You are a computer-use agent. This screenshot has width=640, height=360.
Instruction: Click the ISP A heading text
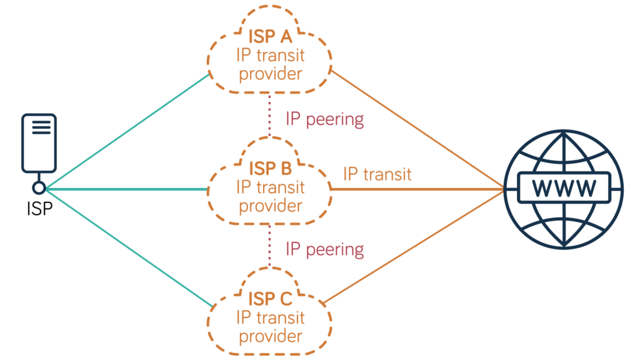[x=270, y=37]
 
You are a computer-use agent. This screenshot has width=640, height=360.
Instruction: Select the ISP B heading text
[x=270, y=168]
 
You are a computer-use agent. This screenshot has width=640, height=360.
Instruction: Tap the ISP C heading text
[x=270, y=299]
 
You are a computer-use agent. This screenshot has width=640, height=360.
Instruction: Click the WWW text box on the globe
[x=564, y=187]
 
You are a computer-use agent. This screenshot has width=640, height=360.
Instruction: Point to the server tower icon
[x=39, y=142]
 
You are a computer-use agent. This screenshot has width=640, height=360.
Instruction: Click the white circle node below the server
[x=39, y=187]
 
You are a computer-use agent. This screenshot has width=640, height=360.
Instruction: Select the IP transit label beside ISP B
[x=377, y=174]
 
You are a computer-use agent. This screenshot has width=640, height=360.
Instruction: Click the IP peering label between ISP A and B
[x=324, y=119]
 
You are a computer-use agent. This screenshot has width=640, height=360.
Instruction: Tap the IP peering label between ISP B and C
[x=324, y=249]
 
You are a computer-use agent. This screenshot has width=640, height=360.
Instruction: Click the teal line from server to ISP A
[x=125, y=131]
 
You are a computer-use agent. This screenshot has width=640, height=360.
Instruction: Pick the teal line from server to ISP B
[x=125, y=187]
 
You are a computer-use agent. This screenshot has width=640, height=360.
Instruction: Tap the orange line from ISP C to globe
[x=416, y=246]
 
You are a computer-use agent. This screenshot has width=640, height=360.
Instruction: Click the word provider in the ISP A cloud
[x=270, y=74]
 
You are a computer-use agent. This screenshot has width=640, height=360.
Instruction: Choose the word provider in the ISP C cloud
[x=270, y=336]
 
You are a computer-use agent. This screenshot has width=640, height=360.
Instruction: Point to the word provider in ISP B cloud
[x=270, y=205]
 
